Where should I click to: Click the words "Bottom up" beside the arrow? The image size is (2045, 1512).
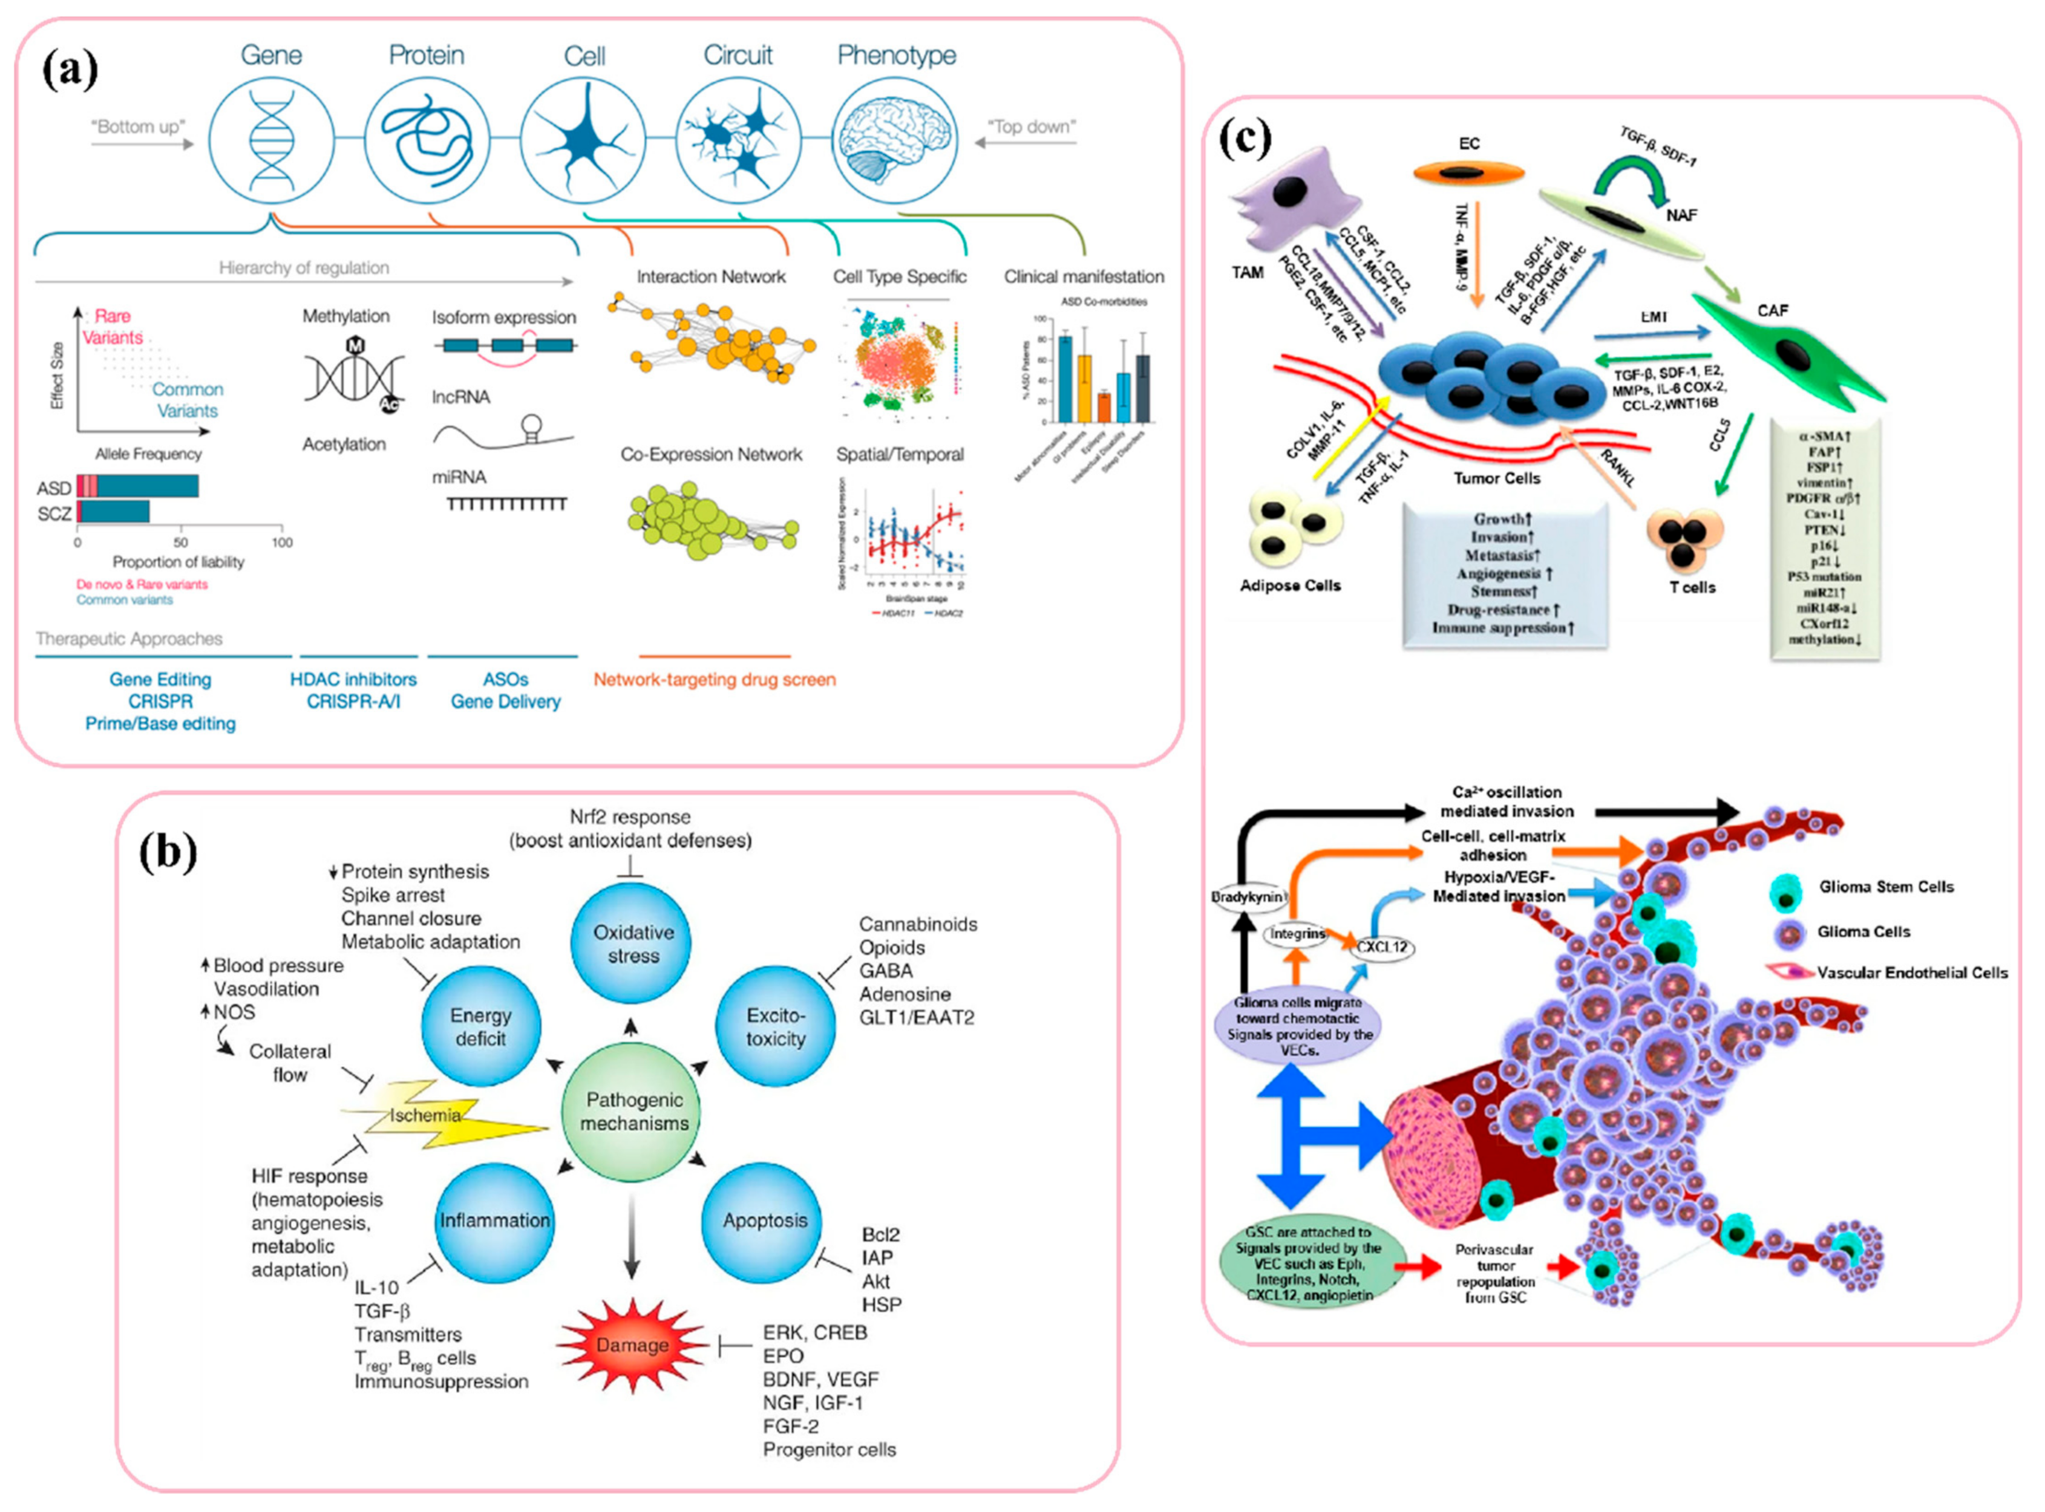coord(137,126)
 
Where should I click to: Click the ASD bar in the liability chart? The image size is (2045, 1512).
coord(137,486)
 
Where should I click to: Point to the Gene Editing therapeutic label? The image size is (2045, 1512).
coord(160,679)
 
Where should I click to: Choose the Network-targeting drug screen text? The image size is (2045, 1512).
coord(714,679)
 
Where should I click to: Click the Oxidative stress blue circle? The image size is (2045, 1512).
coord(632,943)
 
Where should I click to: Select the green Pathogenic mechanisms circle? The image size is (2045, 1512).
coord(633,1111)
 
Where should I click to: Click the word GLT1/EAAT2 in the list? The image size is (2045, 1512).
coord(916,1017)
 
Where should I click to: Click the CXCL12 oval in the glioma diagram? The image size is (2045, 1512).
coord(1381,947)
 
